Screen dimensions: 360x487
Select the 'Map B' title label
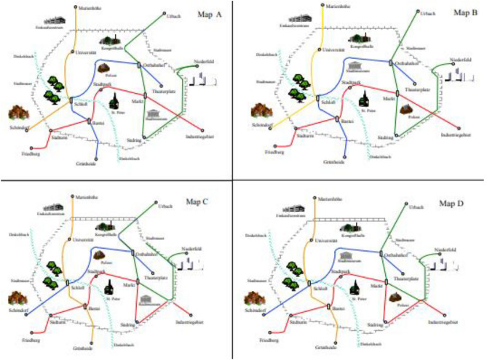[461, 12]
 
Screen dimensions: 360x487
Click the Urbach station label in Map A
[173, 16]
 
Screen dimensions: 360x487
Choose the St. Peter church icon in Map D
[357, 286]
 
